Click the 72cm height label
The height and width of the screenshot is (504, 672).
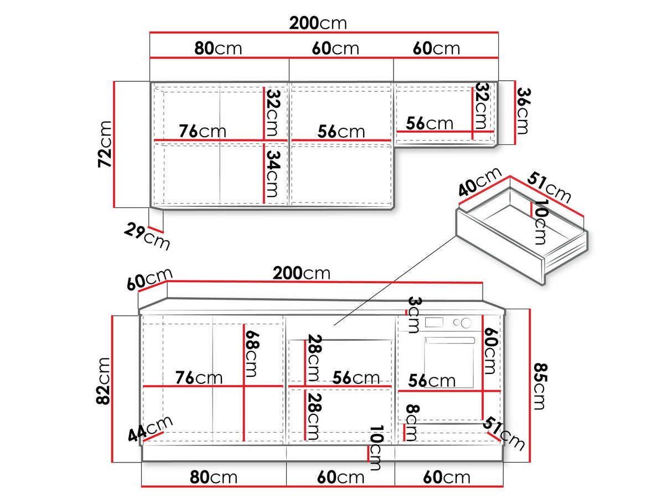pyautogui.click(x=105, y=144)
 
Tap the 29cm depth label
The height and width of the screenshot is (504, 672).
pyautogui.click(x=147, y=237)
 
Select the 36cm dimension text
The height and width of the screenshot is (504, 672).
pyautogui.click(x=523, y=111)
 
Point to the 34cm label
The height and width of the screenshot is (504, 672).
pyautogui.click(x=272, y=174)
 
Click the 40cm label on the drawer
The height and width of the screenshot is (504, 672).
pyautogui.click(x=480, y=182)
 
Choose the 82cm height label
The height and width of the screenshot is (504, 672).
pyautogui.click(x=103, y=381)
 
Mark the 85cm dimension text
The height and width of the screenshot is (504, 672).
pyautogui.click(x=540, y=386)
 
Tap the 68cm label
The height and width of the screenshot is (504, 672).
pyautogui.click(x=252, y=354)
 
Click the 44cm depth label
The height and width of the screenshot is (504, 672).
pyautogui.click(x=151, y=428)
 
